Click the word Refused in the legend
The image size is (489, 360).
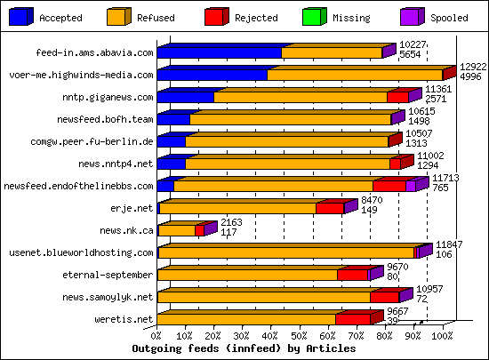[156, 18]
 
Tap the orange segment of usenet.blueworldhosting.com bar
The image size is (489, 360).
[285, 253]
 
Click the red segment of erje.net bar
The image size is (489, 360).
[329, 209]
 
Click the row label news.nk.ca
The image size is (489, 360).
[126, 230]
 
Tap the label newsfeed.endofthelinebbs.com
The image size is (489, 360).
[78, 186]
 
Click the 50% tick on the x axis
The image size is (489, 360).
[300, 337]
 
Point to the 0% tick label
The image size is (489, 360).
[157, 337]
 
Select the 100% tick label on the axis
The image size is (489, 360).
[441, 337]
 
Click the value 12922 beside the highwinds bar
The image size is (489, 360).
[472, 68]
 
